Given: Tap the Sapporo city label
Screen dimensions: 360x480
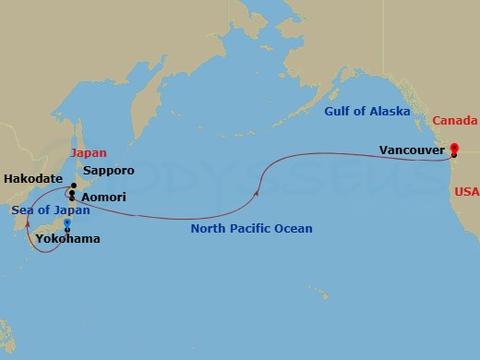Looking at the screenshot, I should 108,171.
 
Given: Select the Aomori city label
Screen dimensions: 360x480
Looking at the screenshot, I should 104,198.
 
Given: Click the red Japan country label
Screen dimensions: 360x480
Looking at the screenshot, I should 89,153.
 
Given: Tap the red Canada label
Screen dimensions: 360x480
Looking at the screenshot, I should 454,121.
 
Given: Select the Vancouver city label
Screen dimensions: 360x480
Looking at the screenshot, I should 412,148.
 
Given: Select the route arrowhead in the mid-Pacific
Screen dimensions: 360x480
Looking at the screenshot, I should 255,191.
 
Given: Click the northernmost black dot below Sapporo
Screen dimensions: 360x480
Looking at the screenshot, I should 73,186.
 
